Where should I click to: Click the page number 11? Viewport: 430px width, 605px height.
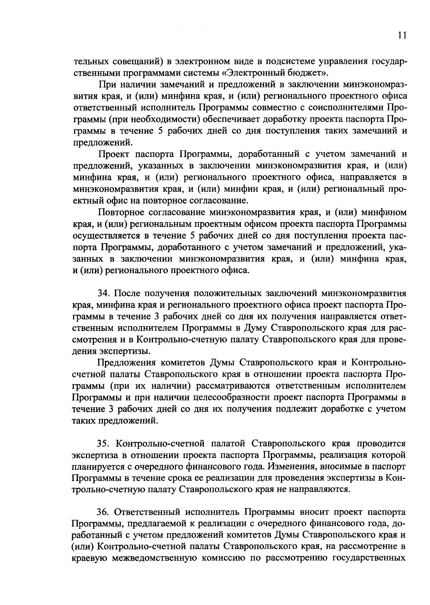(x=401, y=35)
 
